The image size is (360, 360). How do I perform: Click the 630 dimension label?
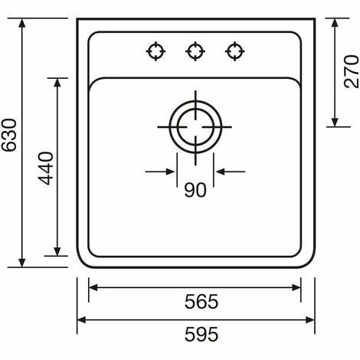pyautogui.click(x=9, y=135)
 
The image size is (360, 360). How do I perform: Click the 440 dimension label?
pyautogui.click(x=46, y=168)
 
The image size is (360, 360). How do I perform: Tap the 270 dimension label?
pyautogui.click(x=352, y=71)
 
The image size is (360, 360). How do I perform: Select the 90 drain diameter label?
pyautogui.click(x=195, y=190)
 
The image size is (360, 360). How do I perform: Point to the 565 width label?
pyautogui.click(x=201, y=302)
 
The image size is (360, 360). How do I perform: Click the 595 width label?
pyautogui.click(x=201, y=334)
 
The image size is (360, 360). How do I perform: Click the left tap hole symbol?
pyautogui.click(x=155, y=51)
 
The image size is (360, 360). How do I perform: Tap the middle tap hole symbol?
pyautogui.click(x=195, y=51)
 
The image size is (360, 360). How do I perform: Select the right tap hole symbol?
pyautogui.click(x=235, y=51)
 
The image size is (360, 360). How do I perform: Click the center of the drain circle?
pyautogui.click(x=195, y=127)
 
